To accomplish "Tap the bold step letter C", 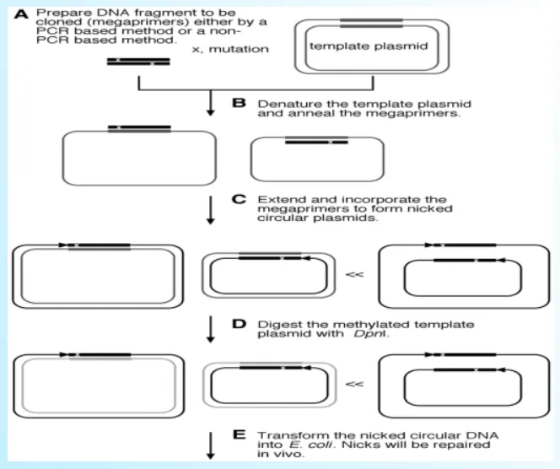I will pos(239,200).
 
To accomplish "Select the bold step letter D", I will pos(239,324).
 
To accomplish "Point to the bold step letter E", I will pos(239,436).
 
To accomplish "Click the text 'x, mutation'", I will pos(231,49).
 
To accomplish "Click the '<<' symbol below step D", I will pos(356,383).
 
